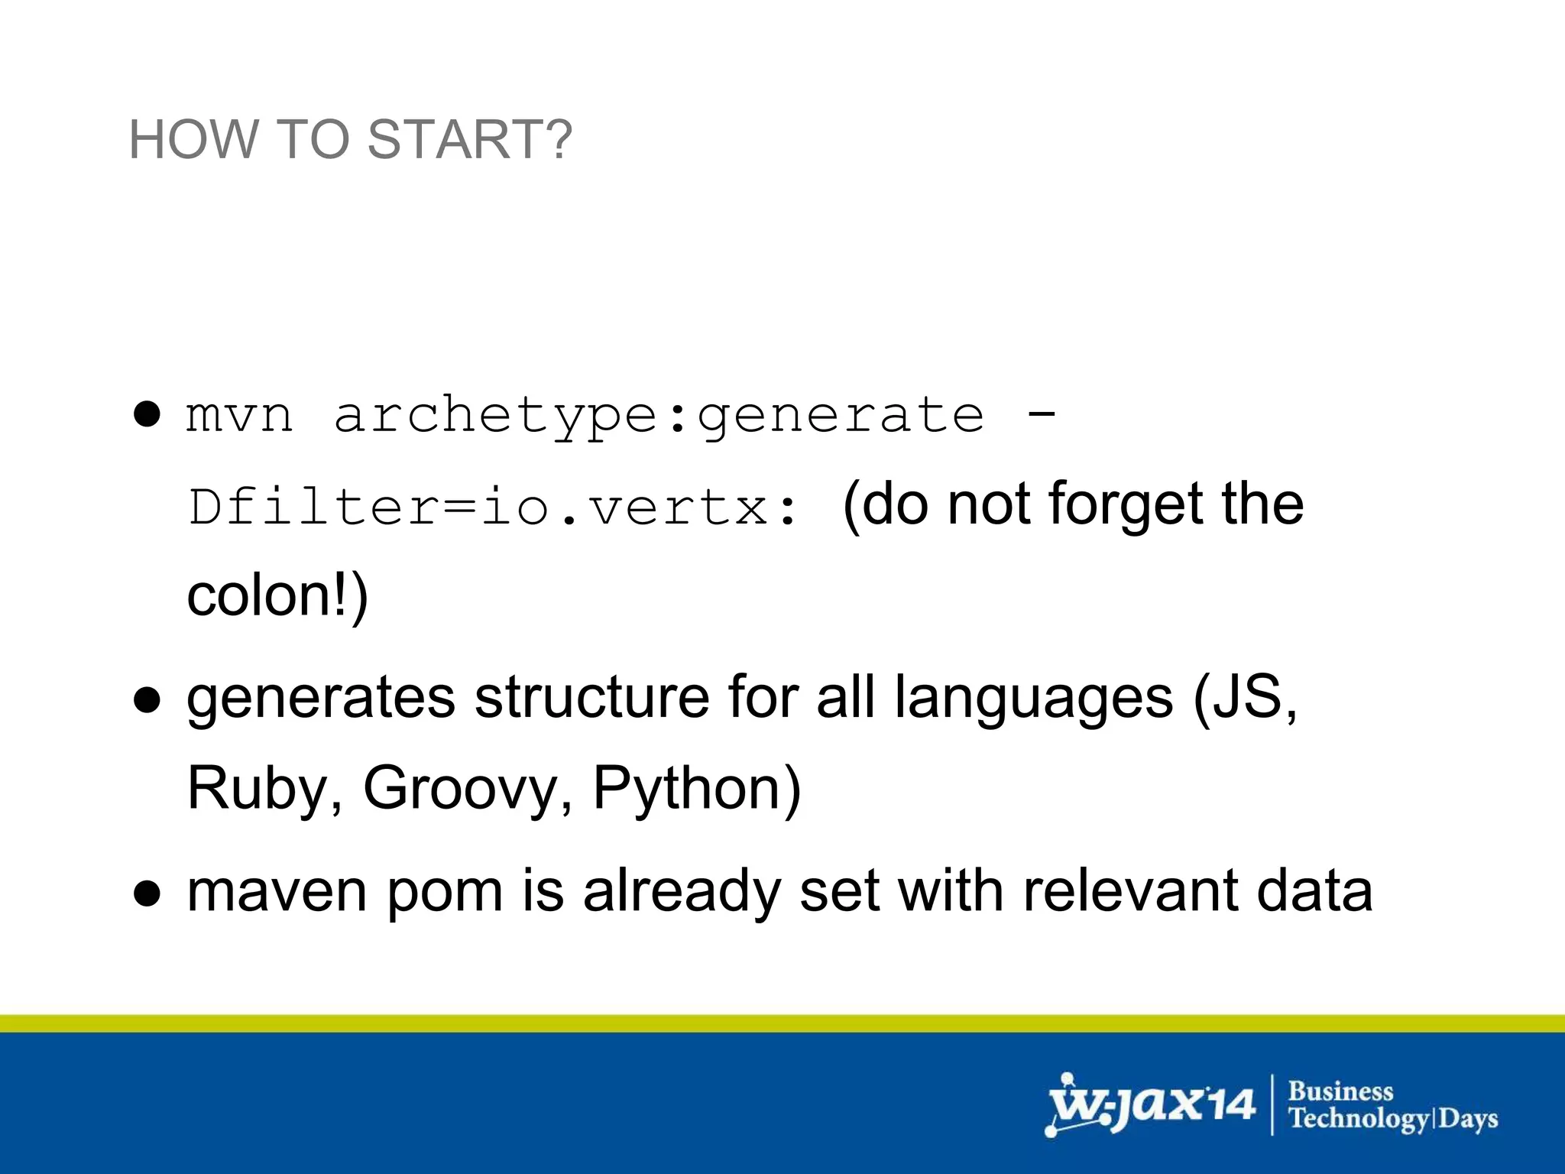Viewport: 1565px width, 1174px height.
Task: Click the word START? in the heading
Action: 469,140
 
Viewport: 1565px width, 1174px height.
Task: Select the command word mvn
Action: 239,416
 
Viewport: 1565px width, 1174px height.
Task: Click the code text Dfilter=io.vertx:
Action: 494,508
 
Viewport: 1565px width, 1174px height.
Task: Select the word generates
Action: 321,698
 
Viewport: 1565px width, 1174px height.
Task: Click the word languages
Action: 1033,698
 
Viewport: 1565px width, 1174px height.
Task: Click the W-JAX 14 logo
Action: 1151,1104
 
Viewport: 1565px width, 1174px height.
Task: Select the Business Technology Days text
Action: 1392,1105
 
